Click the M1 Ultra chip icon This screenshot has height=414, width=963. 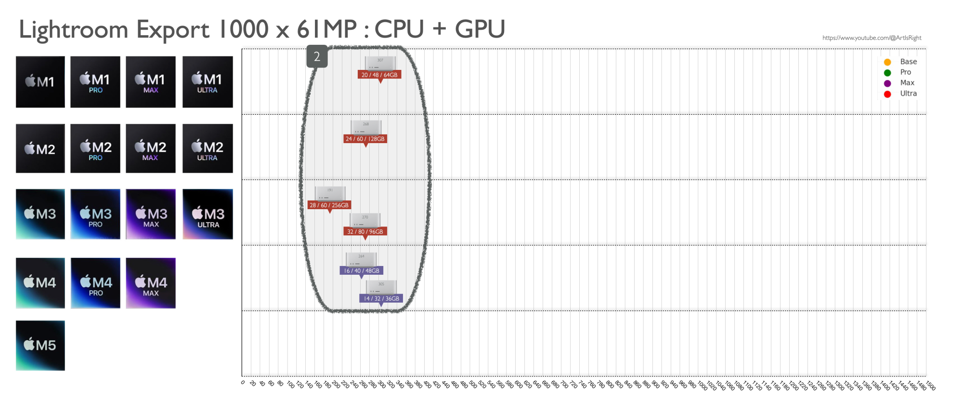(208, 82)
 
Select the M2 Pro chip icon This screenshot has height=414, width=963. (95, 148)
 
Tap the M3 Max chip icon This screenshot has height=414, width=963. (151, 214)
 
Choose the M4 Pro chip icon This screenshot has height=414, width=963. (95, 283)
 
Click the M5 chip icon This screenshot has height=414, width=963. (40, 346)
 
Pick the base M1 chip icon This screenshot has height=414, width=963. (40, 82)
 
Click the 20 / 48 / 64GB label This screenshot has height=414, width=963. (379, 75)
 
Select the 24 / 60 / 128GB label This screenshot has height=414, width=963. (365, 139)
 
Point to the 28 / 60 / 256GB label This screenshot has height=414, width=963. (329, 205)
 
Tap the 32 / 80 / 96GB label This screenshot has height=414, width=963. (365, 232)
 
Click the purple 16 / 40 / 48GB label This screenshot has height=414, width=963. (361, 271)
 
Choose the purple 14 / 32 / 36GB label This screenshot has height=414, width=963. (381, 299)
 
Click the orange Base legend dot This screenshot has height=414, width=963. (887, 62)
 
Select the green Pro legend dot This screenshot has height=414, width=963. (887, 73)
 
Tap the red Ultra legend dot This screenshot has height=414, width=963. (887, 94)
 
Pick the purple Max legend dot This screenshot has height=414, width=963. (887, 83)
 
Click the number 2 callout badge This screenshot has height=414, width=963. (317, 56)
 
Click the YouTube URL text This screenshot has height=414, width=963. (872, 38)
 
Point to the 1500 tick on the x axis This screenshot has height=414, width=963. (930, 386)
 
